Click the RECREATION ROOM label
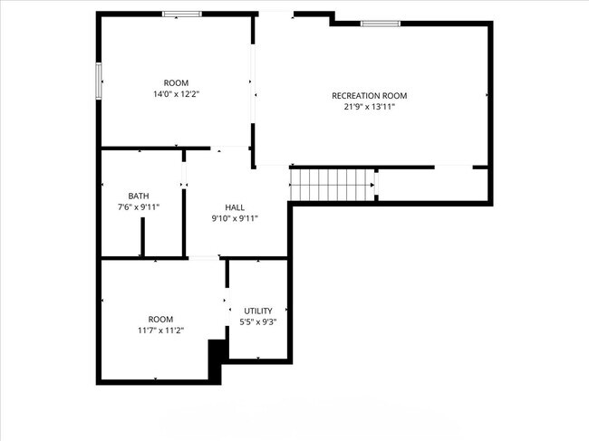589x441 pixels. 369,96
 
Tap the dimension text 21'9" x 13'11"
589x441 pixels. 369,107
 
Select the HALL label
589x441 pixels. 235,207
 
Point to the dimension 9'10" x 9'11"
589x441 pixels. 235,218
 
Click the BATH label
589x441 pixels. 139,196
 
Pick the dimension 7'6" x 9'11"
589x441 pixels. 139,207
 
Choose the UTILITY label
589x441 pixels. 258,311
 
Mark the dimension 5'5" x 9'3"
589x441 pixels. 258,321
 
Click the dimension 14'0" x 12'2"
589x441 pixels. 176,94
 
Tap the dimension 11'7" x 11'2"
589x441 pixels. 160,331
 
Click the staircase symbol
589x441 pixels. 331,185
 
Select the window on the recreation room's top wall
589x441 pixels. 381,23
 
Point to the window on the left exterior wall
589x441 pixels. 99,79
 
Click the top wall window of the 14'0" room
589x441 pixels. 182,14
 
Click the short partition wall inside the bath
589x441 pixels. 142,237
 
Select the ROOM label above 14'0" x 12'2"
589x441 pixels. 176,82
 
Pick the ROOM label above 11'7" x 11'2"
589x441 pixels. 160,319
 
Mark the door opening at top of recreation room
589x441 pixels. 276,14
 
